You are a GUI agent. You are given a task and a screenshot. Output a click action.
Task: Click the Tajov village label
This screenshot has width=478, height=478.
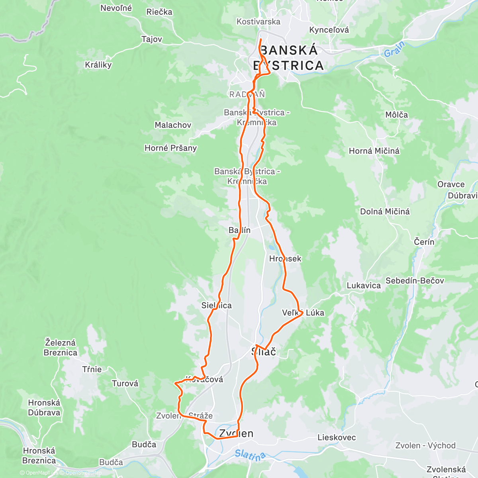(152, 39)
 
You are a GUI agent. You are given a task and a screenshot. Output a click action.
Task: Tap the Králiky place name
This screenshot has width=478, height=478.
(98, 65)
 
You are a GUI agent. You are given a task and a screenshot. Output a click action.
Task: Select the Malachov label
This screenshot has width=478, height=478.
(173, 125)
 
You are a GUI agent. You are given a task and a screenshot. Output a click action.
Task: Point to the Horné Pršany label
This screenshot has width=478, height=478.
(170, 148)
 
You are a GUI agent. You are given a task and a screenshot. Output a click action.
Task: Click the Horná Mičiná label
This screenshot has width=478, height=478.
(374, 151)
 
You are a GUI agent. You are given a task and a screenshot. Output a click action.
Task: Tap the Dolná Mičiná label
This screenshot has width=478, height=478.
(385, 212)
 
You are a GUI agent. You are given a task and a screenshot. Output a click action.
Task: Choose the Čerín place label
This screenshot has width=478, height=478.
(424, 242)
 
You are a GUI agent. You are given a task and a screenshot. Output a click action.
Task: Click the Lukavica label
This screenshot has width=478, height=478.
(364, 286)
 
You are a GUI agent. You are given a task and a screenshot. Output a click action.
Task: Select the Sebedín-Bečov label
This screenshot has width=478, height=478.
(415, 281)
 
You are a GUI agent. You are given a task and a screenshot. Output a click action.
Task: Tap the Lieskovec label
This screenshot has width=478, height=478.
(337, 437)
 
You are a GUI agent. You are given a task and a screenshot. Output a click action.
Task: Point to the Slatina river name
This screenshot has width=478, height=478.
(250, 455)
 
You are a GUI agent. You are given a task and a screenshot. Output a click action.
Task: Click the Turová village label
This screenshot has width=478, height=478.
(125, 384)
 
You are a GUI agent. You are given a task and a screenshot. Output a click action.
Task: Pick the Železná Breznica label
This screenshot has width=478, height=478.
(61, 347)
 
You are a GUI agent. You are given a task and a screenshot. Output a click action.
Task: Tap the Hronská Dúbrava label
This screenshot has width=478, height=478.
(44, 407)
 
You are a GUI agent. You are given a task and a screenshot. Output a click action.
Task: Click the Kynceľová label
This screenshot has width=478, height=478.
(329, 30)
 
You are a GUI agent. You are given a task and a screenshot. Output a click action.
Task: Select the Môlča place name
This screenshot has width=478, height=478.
(396, 115)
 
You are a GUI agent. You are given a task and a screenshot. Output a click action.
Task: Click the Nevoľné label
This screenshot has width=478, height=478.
(116, 8)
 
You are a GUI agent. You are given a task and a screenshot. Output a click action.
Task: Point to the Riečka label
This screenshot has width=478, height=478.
(159, 12)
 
